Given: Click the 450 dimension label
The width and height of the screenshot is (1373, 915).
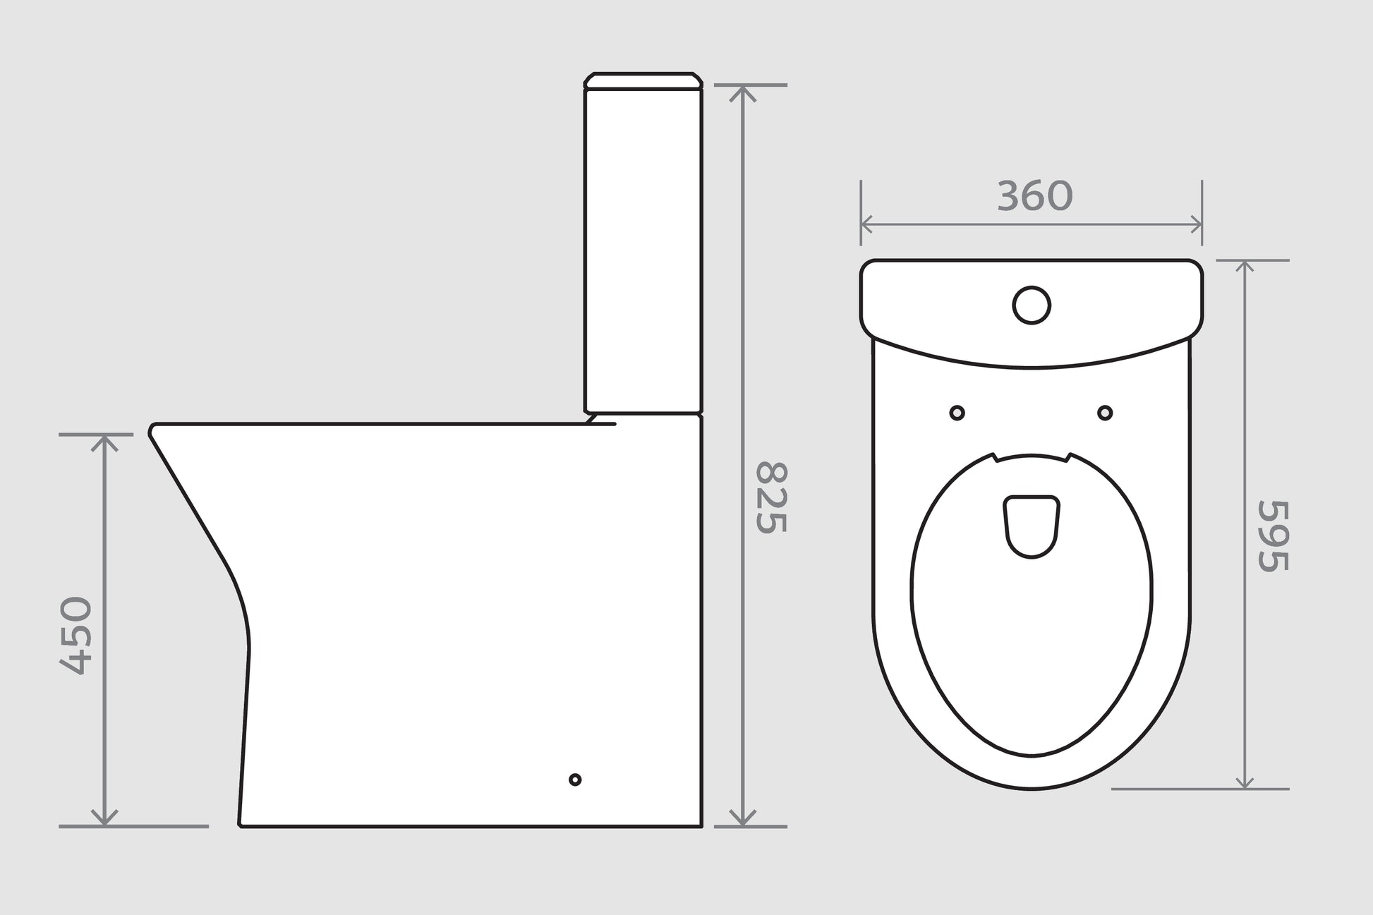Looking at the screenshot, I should click(x=75, y=636).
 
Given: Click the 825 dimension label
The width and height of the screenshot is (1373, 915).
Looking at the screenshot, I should click(x=770, y=497).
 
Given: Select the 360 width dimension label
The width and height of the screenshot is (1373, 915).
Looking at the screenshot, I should click(x=1034, y=196).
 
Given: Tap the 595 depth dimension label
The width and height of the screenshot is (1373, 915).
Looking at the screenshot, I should click(x=1274, y=535).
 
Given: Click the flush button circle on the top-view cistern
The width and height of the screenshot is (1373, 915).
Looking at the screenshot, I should click(x=1032, y=305).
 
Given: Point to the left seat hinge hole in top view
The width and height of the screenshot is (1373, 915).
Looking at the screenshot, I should click(x=957, y=413).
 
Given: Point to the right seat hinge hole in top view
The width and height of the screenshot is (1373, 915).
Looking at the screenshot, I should click(x=1105, y=413).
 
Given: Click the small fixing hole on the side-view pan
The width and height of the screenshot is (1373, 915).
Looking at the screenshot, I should click(x=575, y=780).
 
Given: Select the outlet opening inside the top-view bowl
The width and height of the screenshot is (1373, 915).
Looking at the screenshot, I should click(x=1032, y=526).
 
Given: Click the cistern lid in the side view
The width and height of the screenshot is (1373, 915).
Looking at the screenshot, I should click(x=643, y=80).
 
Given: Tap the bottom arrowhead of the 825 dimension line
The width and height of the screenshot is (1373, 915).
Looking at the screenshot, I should click(x=742, y=820).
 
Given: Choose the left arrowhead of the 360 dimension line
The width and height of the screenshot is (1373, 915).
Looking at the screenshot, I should click(x=866, y=225).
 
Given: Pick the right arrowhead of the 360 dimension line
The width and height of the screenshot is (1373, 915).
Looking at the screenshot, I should click(x=1197, y=225).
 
